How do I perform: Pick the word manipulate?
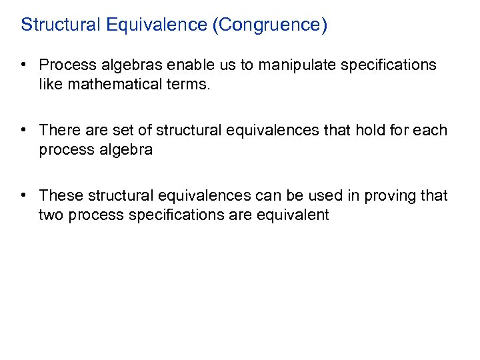pos(289,65)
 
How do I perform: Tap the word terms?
pos(189,85)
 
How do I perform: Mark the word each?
pos(431,130)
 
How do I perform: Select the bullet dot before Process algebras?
pos(23,65)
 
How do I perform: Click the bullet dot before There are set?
pos(23,130)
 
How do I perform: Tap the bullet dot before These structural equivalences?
pos(23,195)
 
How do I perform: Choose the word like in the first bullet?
pos(51,85)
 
